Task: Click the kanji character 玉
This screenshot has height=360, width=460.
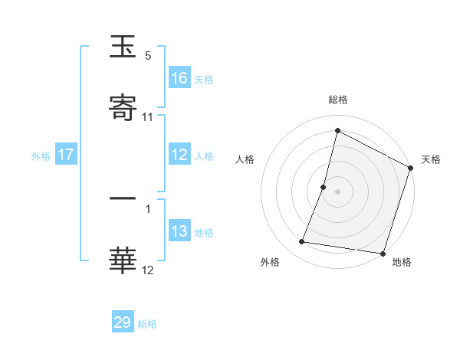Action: tap(123, 47)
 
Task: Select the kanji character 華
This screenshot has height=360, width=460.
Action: tap(123, 261)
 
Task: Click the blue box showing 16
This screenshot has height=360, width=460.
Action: tap(179, 77)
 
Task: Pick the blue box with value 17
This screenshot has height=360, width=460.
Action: tap(66, 155)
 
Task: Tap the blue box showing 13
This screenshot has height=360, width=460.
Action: tap(179, 231)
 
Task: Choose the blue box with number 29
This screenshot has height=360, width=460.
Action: tap(123, 322)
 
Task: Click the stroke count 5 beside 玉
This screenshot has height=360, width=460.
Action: tap(148, 56)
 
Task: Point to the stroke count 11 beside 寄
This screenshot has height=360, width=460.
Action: tap(148, 117)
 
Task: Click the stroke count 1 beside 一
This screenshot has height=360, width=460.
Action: tap(148, 207)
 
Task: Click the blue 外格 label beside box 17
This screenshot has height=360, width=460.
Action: tap(41, 156)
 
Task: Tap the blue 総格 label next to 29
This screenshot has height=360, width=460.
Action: tap(147, 324)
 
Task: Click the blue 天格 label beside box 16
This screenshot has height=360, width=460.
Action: tap(204, 79)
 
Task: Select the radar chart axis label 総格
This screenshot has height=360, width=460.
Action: tap(338, 100)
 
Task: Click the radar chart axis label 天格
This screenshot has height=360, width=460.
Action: tap(431, 159)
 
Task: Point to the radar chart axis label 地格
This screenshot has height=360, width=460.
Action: tap(402, 263)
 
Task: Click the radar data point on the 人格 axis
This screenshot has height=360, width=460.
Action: tap(324, 187)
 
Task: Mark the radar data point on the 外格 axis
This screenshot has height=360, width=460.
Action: tap(303, 242)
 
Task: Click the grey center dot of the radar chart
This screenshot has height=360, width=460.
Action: tap(338, 191)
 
